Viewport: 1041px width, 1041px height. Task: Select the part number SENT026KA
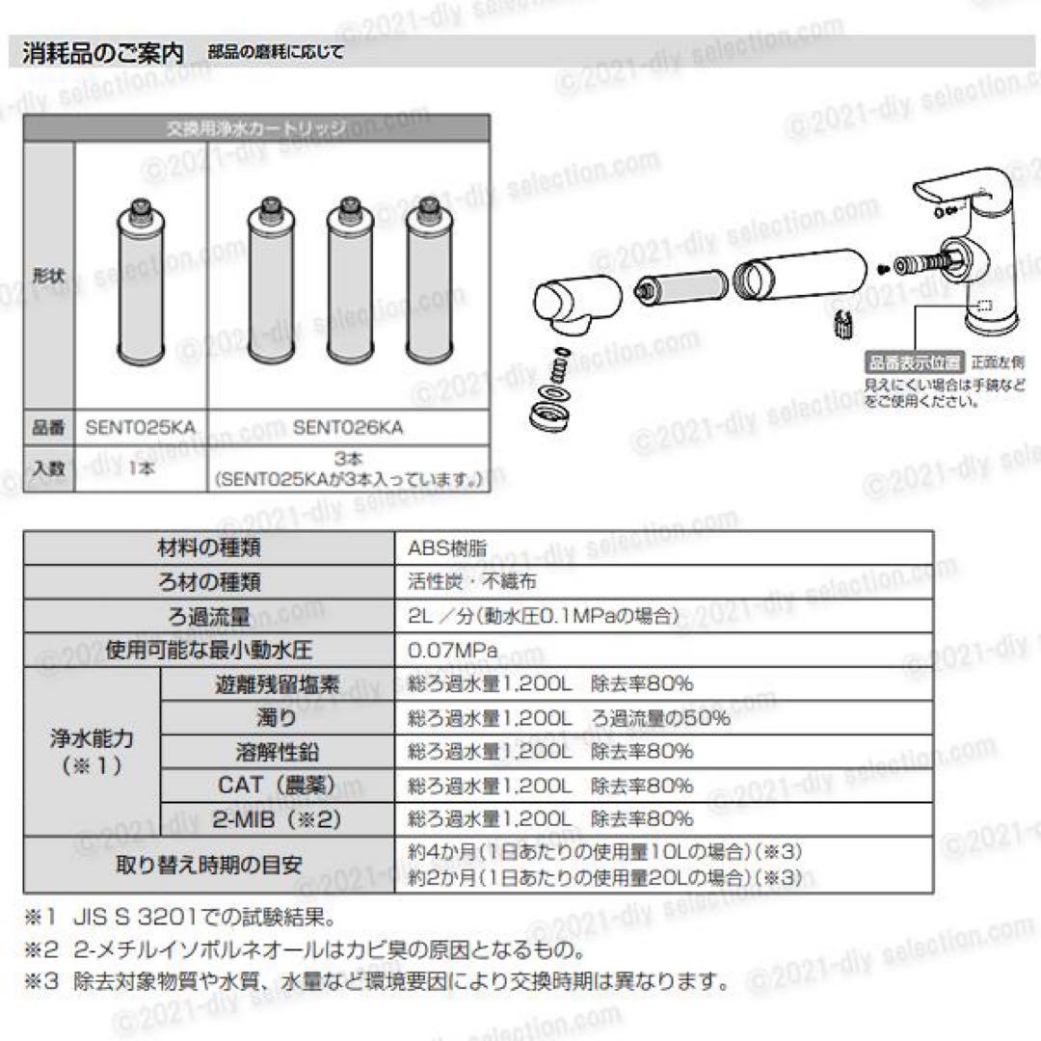(x=348, y=427)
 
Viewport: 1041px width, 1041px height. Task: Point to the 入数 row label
(x=47, y=467)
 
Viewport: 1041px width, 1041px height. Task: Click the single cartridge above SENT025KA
(x=142, y=289)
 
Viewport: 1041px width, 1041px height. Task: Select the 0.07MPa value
(x=453, y=651)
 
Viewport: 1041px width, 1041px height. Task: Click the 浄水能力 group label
(x=91, y=752)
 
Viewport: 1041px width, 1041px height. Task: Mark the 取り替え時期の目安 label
(x=209, y=864)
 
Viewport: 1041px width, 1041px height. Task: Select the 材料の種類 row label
(x=209, y=548)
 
